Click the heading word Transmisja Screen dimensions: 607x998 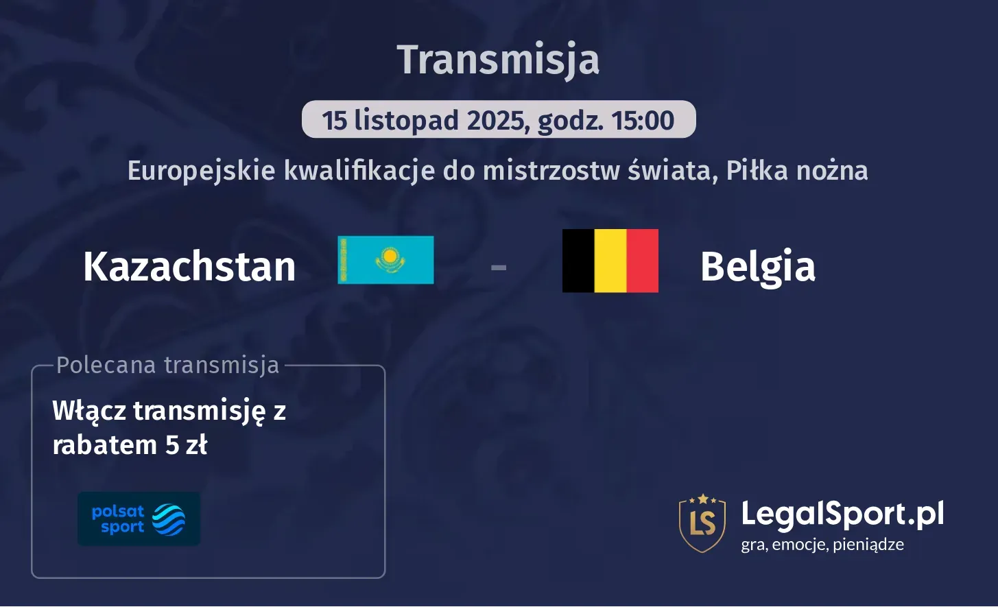[x=498, y=59]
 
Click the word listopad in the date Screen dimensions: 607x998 [x=406, y=121]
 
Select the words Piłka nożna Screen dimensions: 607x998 [x=797, y=171]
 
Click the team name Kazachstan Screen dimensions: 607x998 [x=189, y=266]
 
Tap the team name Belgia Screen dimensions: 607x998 [x=758, y=266]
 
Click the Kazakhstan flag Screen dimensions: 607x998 [x=385, y=260]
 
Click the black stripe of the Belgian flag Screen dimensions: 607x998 [x=578, y=261]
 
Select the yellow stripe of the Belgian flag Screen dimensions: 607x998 [x=610, y=261]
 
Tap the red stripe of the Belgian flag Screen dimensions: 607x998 [x=643, y=261]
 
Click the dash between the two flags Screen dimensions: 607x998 [x=499, y=267]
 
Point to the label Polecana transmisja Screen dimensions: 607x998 [x=168, y=365]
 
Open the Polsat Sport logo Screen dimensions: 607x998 [x=139, y=519]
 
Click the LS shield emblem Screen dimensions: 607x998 [x=702, y=523]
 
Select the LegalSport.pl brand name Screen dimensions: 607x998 [x=842, y=514]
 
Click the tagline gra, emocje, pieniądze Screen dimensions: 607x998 [x=822, y=545]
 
